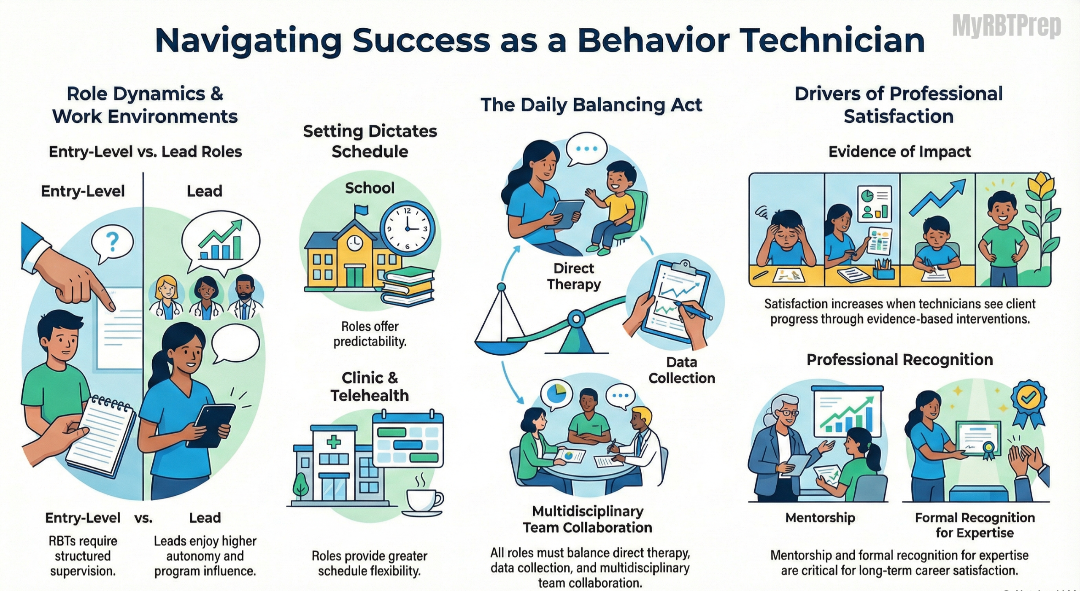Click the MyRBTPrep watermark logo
1007,27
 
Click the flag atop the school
361,210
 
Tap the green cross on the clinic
334,443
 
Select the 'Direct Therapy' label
574,276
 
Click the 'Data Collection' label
682,370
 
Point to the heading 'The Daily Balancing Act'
591,105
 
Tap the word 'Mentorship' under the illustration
820,518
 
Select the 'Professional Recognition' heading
900,360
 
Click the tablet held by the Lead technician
215,426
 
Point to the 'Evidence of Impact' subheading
900,151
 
